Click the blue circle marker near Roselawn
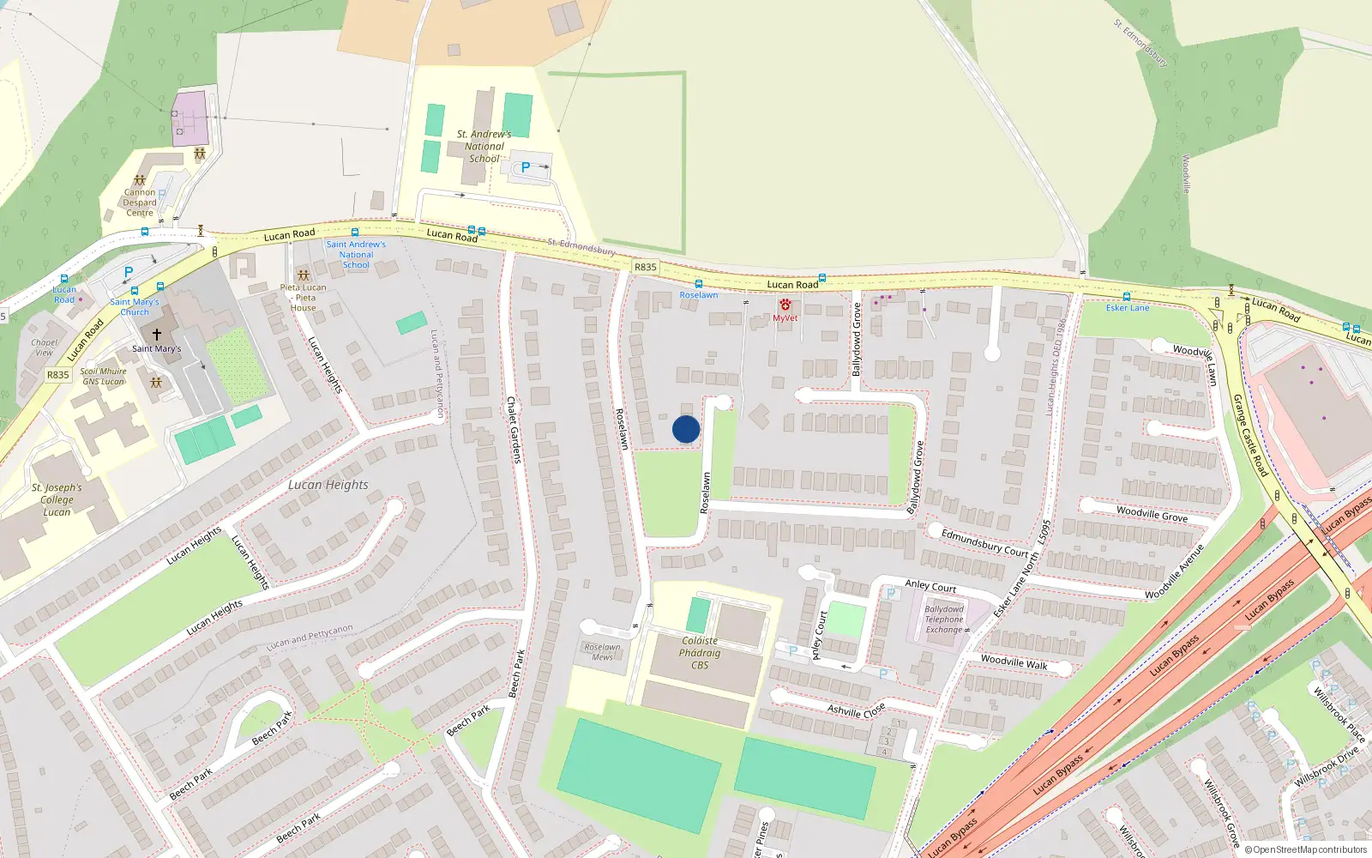coord(686,429)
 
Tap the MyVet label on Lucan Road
coord(785,318)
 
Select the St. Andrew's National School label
coord(484,146)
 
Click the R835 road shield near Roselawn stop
coord(645,267)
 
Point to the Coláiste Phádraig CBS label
coord(700,653)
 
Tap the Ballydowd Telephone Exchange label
coord(944,619)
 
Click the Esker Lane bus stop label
coord(1127,308)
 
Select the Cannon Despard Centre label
coord(140,202)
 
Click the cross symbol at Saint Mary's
coord(156,335)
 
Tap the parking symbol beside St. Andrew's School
coord(526,167)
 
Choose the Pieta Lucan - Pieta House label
coord(303,298)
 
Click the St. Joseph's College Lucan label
coord(57,499)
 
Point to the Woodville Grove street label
coord(1152,514)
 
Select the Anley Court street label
coord(930,586)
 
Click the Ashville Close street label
coord(856,710)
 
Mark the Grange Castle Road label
coord(1249,435)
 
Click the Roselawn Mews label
coord(602,652)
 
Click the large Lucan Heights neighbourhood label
coord(328,485)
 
